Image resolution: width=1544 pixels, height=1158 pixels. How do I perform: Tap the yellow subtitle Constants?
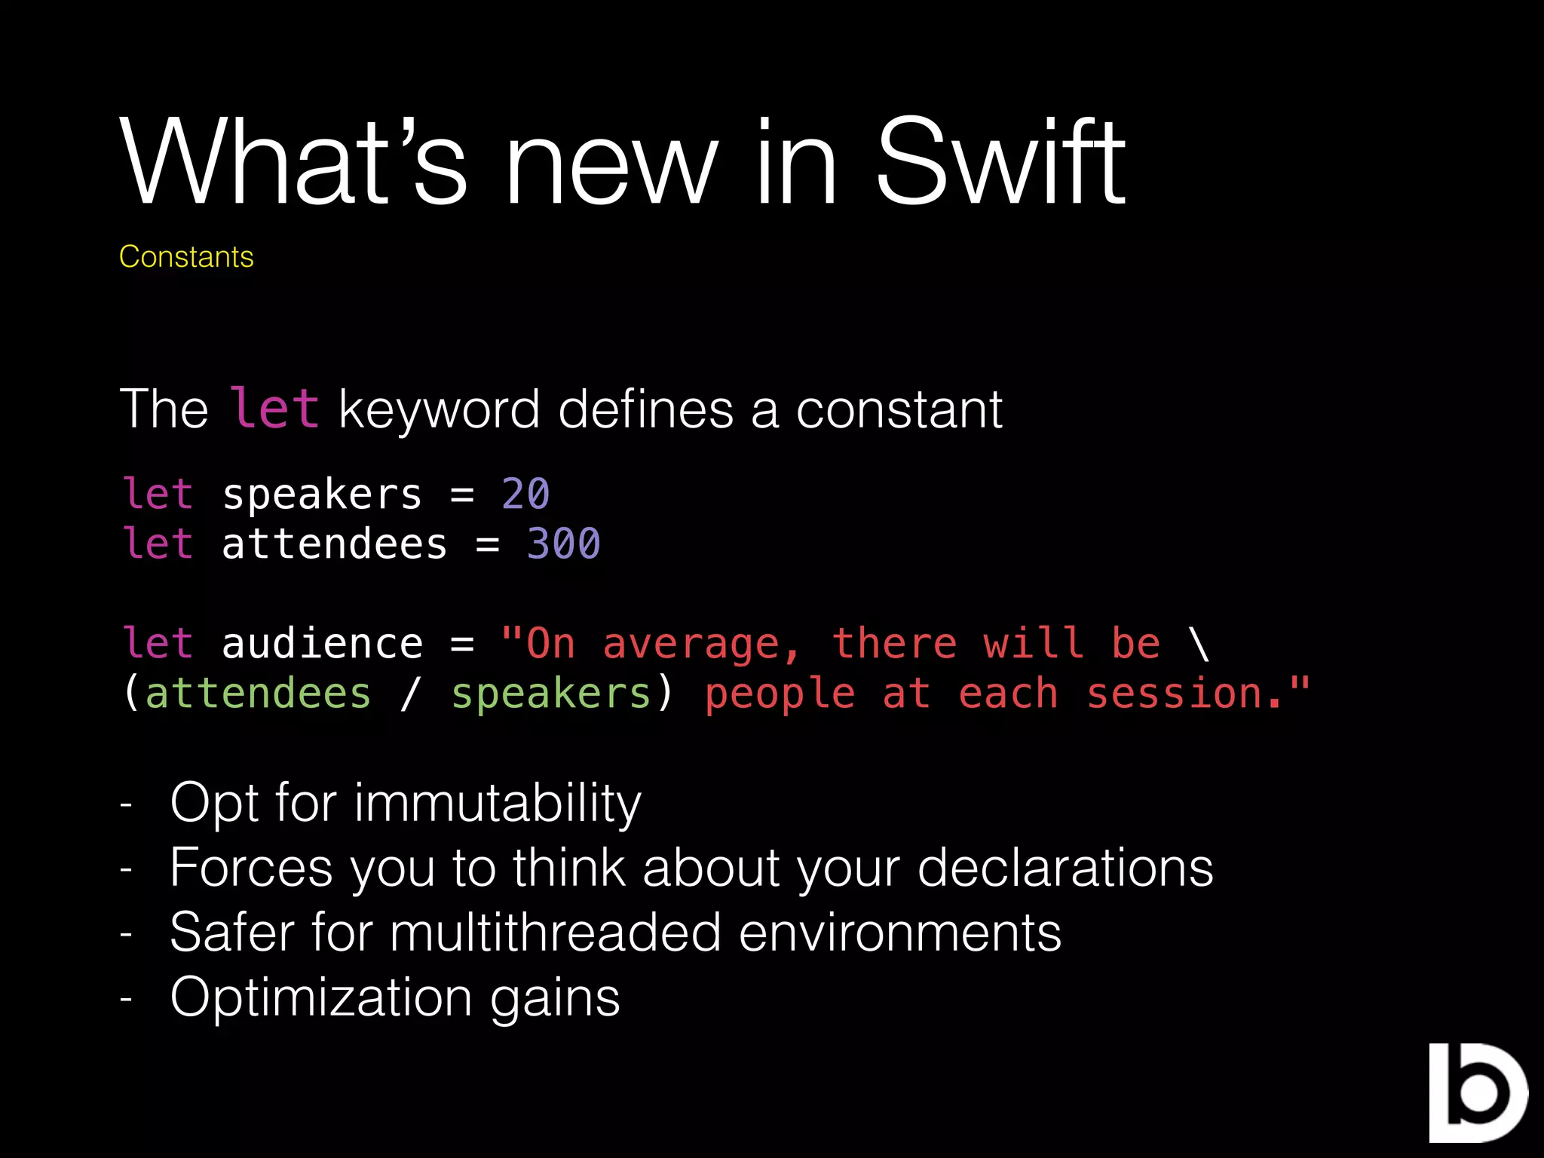[x=186, y=257]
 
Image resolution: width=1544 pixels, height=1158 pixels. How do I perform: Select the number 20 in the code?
[x=525, y=495]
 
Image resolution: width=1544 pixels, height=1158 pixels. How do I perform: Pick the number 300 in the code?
[x=563, y=544]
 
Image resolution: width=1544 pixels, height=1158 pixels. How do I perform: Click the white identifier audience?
[x=323, y=644]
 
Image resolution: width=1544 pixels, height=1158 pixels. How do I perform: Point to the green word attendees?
[x=258, y=694]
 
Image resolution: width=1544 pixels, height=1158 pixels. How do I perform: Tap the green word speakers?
[x=551, y=694]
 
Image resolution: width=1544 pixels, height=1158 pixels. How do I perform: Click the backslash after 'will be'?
[x=1199, y=644]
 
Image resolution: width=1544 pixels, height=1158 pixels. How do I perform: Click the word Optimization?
[x=321, y=998]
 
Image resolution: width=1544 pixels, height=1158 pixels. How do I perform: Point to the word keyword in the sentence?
[x=440, y=409]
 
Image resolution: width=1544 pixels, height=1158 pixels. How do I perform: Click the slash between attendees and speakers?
[x=409, y=694]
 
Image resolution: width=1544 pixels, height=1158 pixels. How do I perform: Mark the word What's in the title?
[x=294, y=162]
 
